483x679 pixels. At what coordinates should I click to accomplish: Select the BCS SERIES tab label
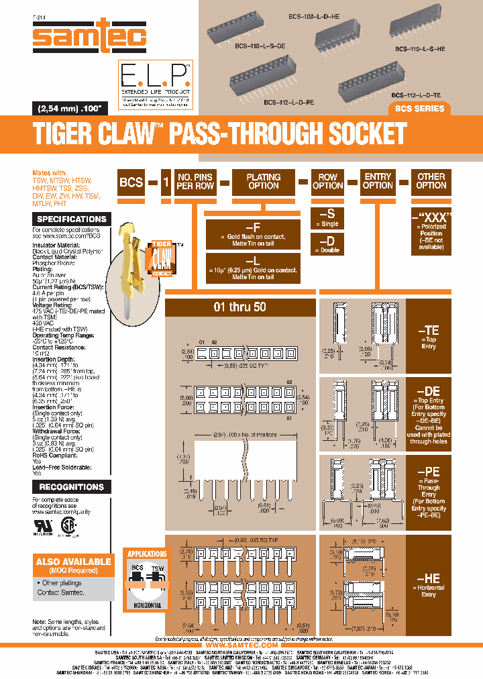[418, 109]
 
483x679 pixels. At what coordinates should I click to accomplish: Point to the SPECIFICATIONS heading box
[71, 219]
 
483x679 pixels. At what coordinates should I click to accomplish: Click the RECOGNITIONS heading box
[71, 486]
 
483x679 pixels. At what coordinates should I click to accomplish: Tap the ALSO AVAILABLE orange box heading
[73, 562]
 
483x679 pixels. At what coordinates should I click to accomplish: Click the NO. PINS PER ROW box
[195, 181]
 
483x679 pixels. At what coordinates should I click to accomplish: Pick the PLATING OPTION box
[264, 181]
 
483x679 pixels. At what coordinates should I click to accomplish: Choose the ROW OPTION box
[328, 181]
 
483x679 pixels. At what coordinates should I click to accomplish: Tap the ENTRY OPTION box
[378, 181]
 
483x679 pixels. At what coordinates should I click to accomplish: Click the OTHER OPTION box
[431, 181]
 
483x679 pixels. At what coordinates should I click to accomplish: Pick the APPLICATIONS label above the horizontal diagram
[147, 554]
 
